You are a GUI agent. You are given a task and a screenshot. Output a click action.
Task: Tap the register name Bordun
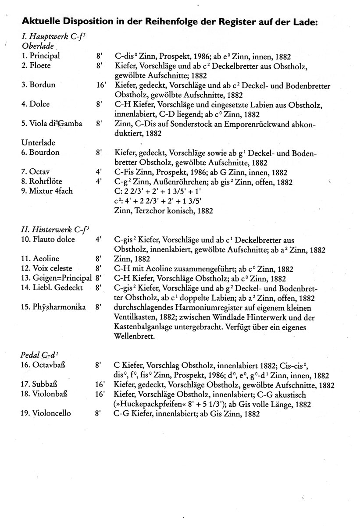42,85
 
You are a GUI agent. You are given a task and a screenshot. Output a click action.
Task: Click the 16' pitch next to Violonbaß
101,394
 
